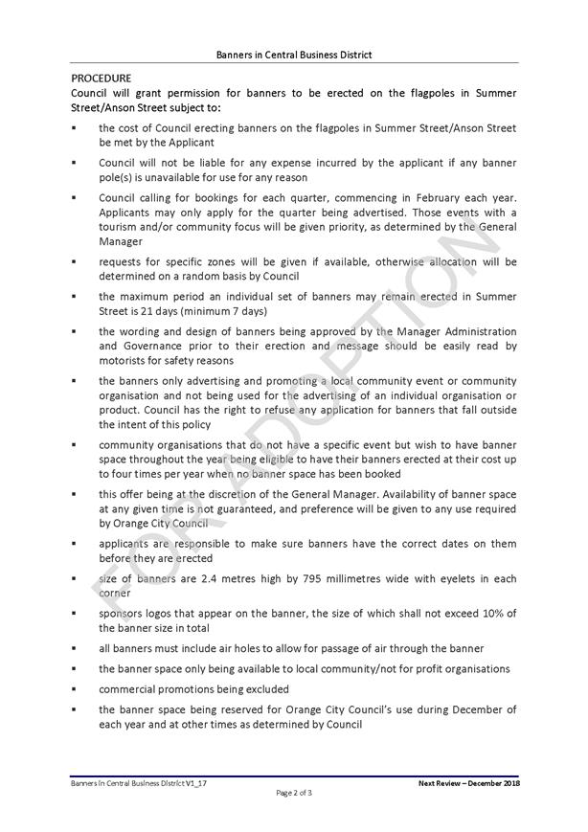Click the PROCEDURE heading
click(x=102, y=77)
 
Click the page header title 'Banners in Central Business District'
click(x=294, y=55)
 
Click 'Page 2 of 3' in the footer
click(x=294, y=793)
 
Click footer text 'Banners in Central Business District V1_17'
click(x=133, y=783)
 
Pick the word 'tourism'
click(x=120, y=227)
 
